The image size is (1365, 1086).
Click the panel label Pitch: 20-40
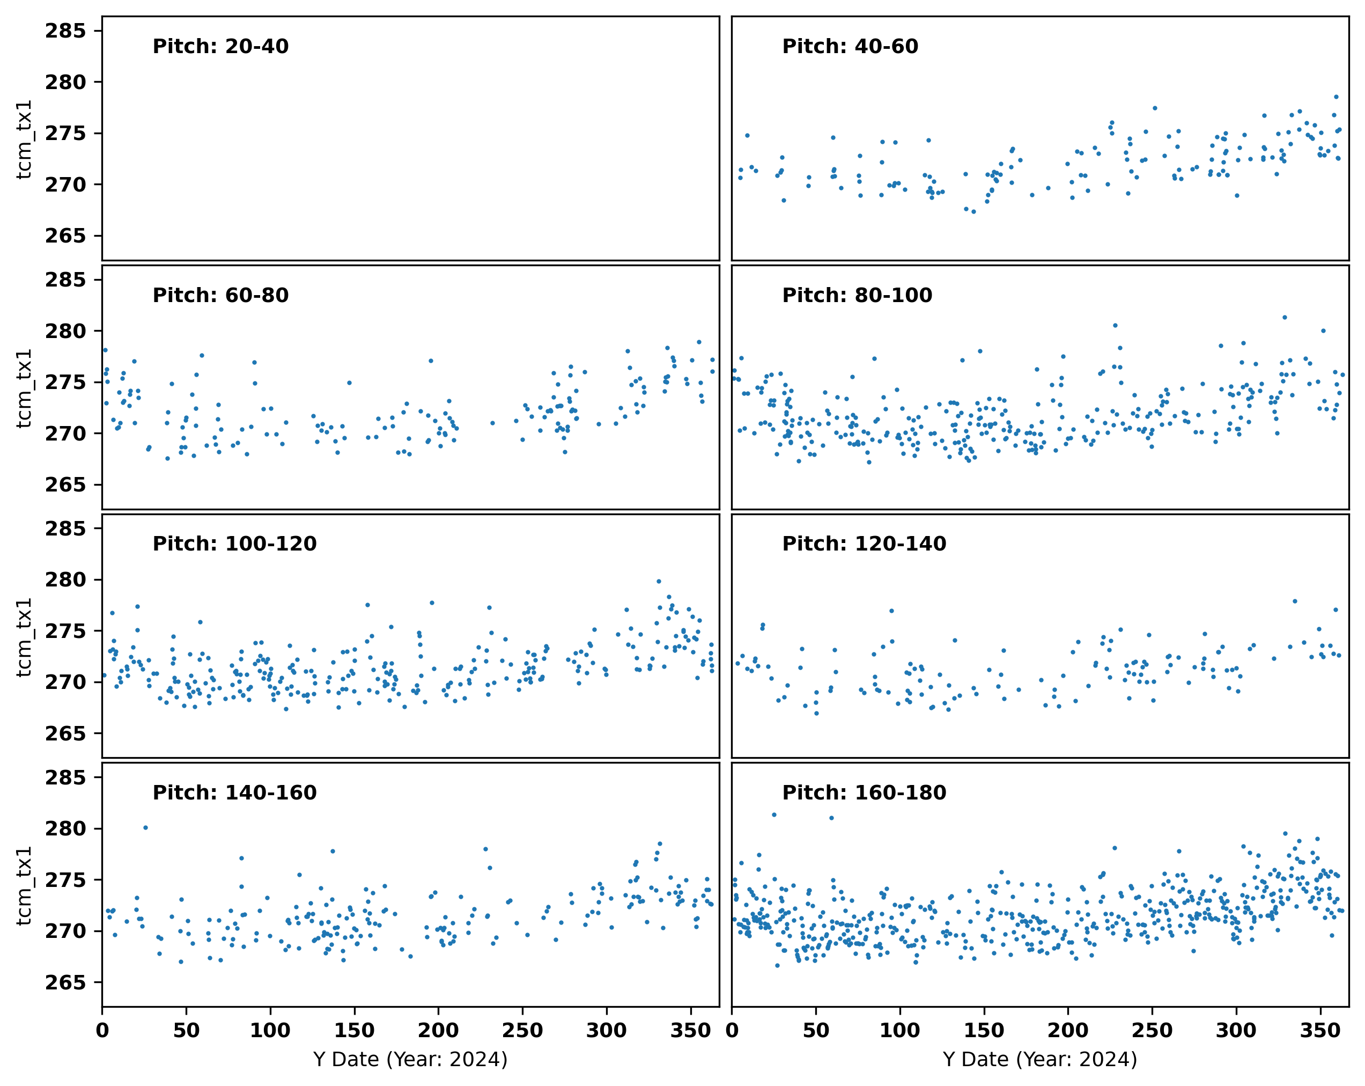pos(220,46)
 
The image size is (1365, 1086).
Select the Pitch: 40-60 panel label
pos(850,46)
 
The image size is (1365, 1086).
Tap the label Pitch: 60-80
pos(220,295)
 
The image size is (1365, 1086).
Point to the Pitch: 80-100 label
pos(857,295)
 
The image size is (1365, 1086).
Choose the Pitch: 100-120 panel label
pos(234,544)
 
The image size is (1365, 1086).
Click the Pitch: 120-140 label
pos(864,544)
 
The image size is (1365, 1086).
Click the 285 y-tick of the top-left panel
pos(65,31)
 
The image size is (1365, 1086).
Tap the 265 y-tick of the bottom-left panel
pos(65,982)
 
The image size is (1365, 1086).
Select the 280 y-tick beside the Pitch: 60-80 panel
pos(65,331)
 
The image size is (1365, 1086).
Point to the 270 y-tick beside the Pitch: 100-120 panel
pos(65,682)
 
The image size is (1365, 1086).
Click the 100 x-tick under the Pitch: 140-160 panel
pos(270,1030)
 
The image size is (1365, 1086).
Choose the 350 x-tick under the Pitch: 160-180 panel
pos(1320,1030)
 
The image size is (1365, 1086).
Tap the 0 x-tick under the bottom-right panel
pos(732,1030)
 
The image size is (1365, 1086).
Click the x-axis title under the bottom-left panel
pos(410,1059)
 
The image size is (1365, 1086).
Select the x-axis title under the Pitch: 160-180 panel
pos(1039,1059)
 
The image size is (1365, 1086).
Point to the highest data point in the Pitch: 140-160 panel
pos(145,827)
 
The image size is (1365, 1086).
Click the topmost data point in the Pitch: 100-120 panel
pos(659,581)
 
